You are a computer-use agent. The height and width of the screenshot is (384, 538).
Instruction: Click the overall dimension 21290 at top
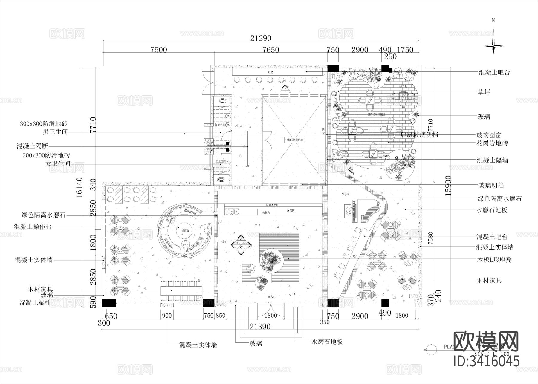click(x=261, y=38)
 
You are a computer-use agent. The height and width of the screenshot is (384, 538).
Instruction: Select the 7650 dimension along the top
click(x=270, y=50)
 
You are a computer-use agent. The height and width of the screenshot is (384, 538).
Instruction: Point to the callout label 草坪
click(x=484, y=92)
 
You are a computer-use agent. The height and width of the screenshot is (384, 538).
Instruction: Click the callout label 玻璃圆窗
click(x=489, y=135)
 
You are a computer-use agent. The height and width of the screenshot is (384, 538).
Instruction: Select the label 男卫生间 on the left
click(x=56, y=132)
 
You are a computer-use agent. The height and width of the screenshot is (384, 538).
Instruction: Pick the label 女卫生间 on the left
click(x=58, y=163)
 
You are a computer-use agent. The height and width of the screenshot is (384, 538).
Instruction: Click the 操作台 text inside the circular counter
click(x=186, y=230)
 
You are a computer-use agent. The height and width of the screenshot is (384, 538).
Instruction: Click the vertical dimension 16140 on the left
click(x=79, y=187)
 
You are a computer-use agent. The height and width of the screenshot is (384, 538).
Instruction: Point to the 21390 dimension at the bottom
click(x=260, y=327)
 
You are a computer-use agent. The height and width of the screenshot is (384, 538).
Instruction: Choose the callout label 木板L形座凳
click(x=494, y=259)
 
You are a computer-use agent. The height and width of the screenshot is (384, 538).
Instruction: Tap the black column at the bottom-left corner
click(x=109, y=303)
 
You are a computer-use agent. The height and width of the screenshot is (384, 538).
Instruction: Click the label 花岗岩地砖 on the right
click(x=492, y=143)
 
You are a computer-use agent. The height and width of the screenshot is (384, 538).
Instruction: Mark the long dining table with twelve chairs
click(x=181, y=290)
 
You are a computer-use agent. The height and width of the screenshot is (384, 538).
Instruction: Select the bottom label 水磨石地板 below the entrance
click(x=327, y=342)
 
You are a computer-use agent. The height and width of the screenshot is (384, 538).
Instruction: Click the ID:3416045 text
click(x=486, y=361)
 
